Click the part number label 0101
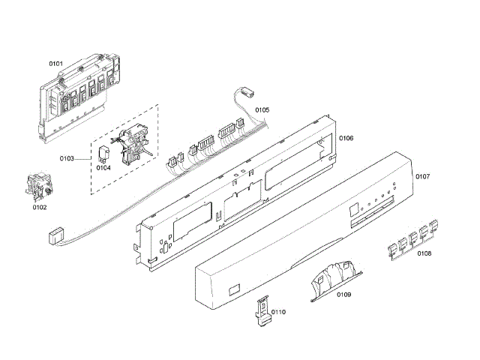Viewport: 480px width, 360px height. click(x=56, y=65)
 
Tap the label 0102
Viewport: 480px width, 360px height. click(x=39, y=208)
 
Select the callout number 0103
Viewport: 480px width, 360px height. click(x=67, y=158)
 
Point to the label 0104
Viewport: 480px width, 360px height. click(x=103, y=169)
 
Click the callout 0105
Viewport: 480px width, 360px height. click(x=262, y=110)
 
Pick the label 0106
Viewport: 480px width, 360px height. click(x=346, y=138)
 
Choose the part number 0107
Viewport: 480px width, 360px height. click(x=422, y=177)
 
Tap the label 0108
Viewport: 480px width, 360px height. click(x=424, y=253)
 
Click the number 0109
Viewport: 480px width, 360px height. click(x=344, y=294)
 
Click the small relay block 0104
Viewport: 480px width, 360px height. click(x=102, y=154)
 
